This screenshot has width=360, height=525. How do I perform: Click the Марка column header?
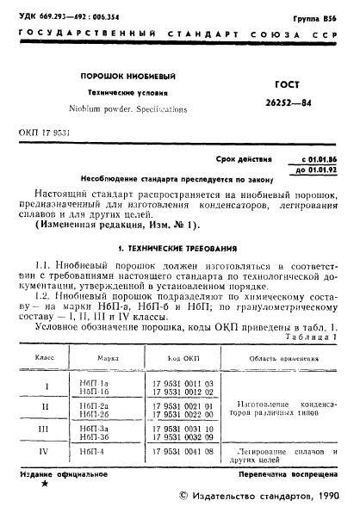(107, 356)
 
